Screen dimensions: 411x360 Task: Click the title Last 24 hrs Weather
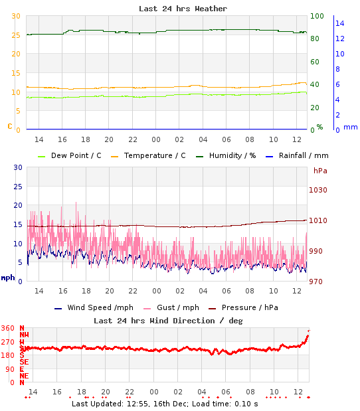click(x=183, y=9)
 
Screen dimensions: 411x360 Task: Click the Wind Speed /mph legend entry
click(x=96, y=307)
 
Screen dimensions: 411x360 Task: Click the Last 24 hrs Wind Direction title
click(x=168, y=320)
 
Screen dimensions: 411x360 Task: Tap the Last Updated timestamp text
click(x=165, y=403)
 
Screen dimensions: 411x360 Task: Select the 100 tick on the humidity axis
click(x=317, y=16)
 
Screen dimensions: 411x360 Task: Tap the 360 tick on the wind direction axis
click(x=8, y=328)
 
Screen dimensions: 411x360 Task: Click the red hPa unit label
click(x=321, y=171)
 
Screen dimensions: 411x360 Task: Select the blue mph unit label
click(x=8, y=278)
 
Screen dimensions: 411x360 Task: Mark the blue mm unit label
click(x=350, y=127)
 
